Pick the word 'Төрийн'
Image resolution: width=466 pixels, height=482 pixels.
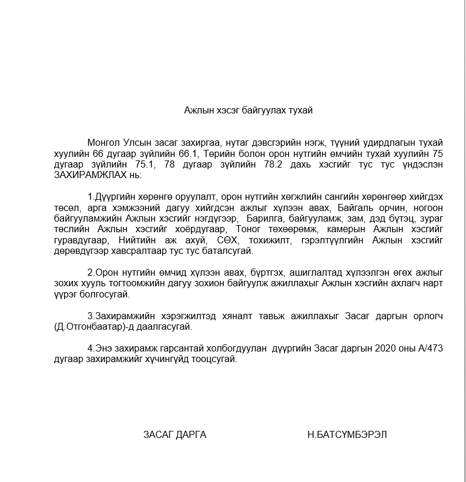click(218, 154)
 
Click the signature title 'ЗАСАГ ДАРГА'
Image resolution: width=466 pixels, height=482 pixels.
click(175, 435)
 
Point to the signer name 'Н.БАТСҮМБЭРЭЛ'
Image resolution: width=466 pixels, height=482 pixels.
click(347, 435)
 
